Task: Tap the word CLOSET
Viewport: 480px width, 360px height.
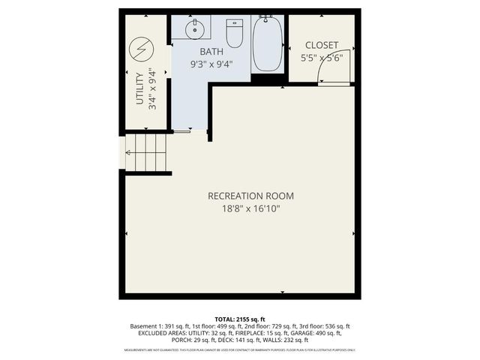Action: (321, 45)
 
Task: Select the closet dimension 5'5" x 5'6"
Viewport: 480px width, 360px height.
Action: (321, 57)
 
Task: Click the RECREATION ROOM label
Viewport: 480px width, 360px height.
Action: (250, 196)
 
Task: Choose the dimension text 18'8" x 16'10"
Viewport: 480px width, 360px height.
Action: (250, 209)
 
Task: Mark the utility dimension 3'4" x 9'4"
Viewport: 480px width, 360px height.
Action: (152, 89)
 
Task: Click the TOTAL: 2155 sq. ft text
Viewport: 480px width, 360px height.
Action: (240, 319)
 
